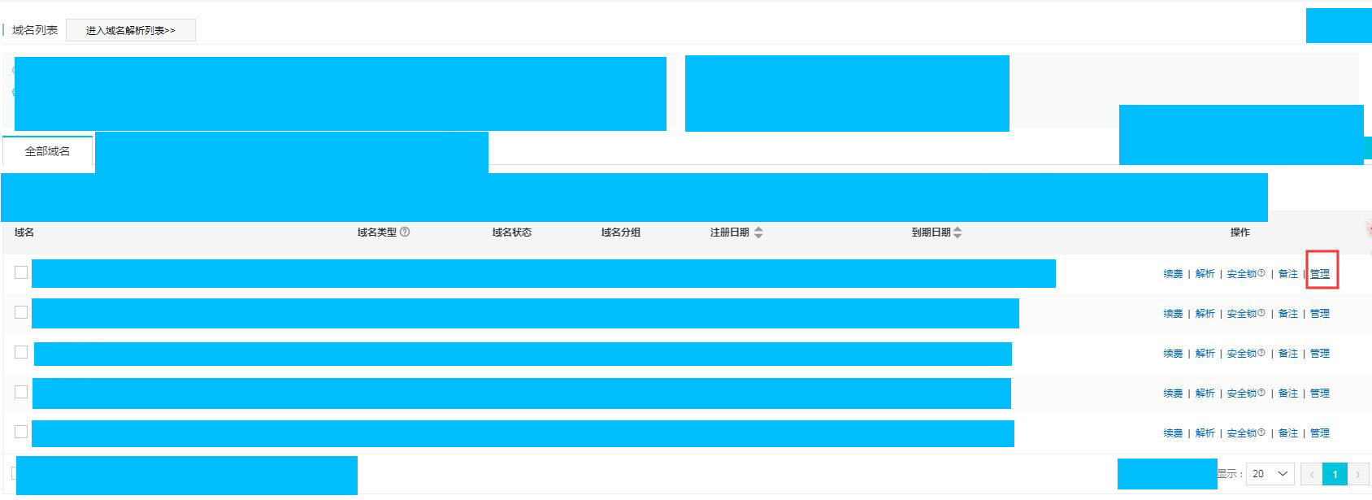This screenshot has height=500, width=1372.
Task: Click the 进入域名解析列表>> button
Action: point(130,31)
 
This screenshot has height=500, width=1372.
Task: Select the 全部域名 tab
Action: point(47,151)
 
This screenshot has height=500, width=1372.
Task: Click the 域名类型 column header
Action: point(377,233)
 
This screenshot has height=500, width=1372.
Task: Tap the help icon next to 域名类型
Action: point(405,232)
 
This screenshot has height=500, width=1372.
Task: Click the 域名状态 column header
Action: point(511,233)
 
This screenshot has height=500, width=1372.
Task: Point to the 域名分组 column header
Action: point(620,233)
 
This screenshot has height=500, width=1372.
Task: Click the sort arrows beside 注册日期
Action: point(758,233)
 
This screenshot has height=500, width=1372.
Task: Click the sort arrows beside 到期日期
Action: point(957,233)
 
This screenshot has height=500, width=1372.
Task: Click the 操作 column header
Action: point(1240,233)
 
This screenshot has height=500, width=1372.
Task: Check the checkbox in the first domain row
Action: point(21,272)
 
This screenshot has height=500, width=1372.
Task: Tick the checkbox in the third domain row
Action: point(21,352)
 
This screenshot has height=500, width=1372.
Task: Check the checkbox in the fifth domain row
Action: point(21,432)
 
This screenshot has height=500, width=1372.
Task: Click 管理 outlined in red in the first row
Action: point(1320,274)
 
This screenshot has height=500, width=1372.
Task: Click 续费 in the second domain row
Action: point(1173,314)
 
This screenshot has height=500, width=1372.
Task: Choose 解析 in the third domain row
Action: point(1205,354)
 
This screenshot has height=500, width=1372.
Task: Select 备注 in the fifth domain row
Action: point(1287,433)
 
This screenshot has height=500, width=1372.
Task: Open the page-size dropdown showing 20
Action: point(1270,474)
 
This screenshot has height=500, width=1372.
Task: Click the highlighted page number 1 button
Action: point(1335,474)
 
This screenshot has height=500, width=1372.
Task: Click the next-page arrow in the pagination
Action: point(1357,474)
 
